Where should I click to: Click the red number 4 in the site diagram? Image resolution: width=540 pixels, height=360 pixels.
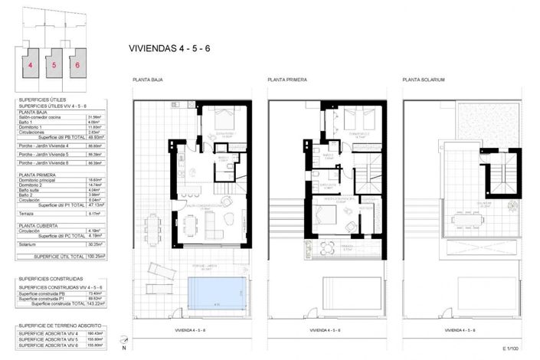point(31,65)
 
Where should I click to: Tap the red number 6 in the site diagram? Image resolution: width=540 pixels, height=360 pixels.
point(77,65)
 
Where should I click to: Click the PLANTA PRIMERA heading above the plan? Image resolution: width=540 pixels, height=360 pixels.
point(286,80)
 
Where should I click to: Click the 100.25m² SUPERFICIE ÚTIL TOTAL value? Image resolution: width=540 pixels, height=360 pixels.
point(96,257)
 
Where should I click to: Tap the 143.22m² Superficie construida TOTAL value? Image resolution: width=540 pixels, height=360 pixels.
point(96,304)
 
